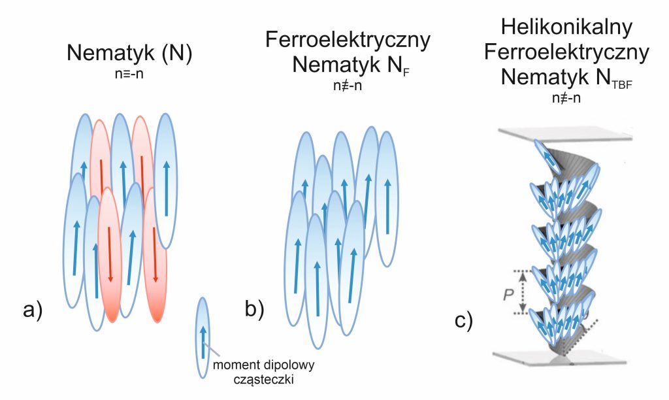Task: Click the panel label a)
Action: tap(33, 310)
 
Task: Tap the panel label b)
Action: tap(255, 308)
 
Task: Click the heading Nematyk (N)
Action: tap(130, 54)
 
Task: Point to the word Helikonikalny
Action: tap(566, 27)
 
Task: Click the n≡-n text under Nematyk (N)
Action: tap(129, 74)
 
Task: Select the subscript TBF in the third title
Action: tap(622, 84)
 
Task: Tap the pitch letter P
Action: tap(508, 294)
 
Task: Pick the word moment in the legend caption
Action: tap(230, 365)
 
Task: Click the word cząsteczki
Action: tap(263, 379)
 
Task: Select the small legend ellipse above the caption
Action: tap(203, 338)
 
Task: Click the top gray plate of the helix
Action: tap(565, 135)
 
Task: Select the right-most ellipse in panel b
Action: tap(387, 199)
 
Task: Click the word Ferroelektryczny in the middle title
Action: tap(348, 40)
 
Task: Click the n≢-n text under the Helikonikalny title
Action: tap(566, 98)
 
